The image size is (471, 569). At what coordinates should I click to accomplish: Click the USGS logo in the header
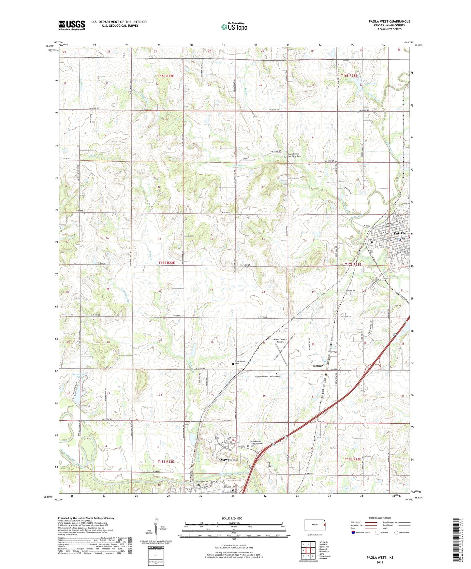pyautogui.click(x=71, y=25)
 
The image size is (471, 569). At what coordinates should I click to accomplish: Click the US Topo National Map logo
pyautogui.click(x=234, y=27)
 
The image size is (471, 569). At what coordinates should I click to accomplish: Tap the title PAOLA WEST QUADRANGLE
pyautogui.click(x=389, y=22)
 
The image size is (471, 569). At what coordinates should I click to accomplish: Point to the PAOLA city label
pyautogui.click(x=399, y=233)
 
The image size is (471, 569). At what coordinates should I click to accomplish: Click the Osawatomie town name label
pyautogui.click(x=228, y=459)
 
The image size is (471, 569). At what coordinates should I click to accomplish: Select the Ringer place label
pyautogui.click(x=318, y=366)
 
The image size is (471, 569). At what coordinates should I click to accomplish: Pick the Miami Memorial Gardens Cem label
pyautogui.click(x=267, y=376)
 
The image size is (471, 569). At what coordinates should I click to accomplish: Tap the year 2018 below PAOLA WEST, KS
pyautogui.click(x=380, y=562)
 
